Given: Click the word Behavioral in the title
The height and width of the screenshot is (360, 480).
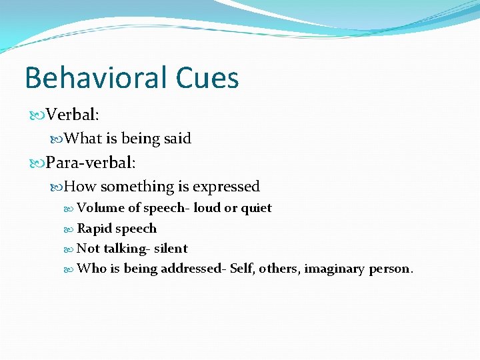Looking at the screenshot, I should coord(95,78).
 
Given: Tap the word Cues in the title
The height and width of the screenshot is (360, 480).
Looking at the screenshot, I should coord(207,78).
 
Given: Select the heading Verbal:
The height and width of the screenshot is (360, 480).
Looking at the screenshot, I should coord(73,115).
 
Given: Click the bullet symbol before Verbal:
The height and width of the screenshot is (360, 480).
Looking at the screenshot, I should coord(37,115).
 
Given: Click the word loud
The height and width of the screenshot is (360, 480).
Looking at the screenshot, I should coord(207,208).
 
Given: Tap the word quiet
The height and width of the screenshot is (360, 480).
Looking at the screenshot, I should coord(256,208).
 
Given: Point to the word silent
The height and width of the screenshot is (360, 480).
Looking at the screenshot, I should coord(171,249).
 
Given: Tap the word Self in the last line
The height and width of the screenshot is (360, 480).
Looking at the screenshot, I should coord(242,269).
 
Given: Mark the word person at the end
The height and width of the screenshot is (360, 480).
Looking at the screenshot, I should coord(389,269).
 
